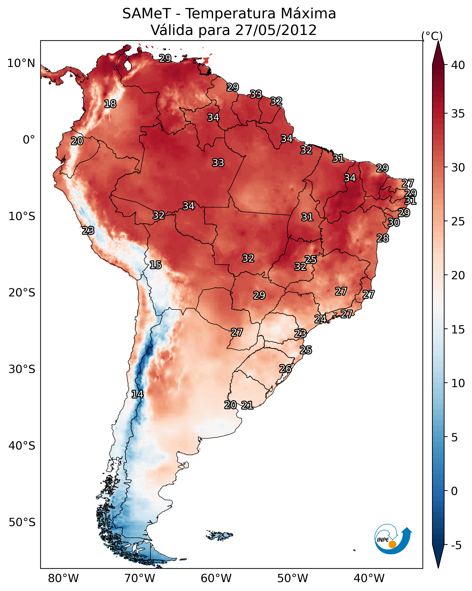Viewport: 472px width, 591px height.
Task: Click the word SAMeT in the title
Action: click(147, 13)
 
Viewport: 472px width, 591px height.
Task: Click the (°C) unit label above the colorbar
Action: click(432, 36)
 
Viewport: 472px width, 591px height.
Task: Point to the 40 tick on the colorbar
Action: click(458, 65)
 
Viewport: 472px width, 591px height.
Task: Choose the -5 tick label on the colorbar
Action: click(456, 545)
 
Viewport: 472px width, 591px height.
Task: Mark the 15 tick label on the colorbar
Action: click(458, 329)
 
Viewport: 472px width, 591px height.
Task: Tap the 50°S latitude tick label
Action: click(22, 522)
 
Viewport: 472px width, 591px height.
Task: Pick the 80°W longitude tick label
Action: click(63, 578)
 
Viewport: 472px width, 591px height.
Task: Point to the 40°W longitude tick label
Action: click(369, 578)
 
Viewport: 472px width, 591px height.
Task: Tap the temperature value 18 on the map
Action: click(110, 104)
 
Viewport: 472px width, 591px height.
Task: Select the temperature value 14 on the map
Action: click(137, 394)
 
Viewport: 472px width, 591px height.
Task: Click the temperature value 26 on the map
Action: click(285, 369)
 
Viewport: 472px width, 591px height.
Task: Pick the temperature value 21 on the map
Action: click(247, 405)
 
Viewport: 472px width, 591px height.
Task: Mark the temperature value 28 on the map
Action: click(383, 238)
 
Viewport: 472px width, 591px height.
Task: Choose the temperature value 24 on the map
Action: click(320, 319)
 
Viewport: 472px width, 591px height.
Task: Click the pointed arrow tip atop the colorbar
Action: click(438, 41)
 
